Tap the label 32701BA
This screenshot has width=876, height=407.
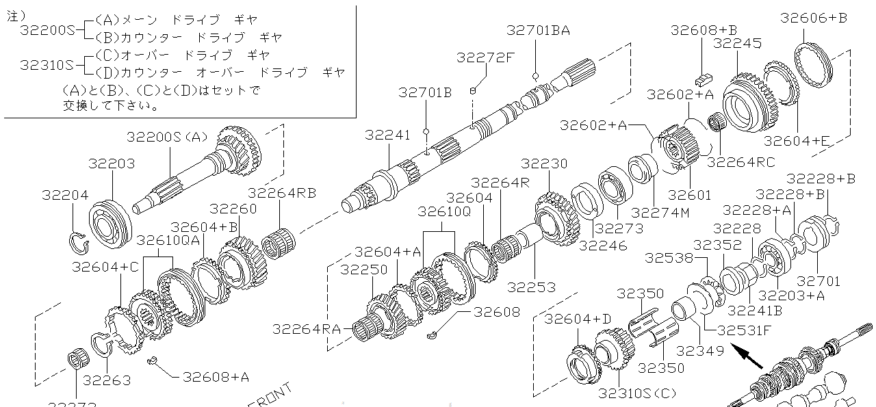click(538, 30)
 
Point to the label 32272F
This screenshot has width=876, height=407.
click(485, 57)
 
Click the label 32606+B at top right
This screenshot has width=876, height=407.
click(814, 18)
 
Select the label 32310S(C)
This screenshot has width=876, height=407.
click(636, 394)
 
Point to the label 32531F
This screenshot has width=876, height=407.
click(744, 330)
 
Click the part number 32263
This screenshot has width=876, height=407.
click(106, 380)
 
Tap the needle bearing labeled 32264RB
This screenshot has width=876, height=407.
click(280, 243)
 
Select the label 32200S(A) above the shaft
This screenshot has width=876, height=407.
click(166, 137)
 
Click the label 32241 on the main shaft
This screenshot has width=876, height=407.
click(388, 135)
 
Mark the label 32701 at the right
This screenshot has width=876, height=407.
click(819, 281)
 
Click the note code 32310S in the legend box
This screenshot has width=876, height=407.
click(47, 65)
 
